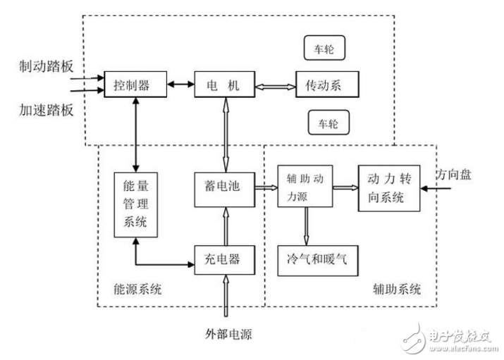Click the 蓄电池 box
(224, 188)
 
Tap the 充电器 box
(224, 259)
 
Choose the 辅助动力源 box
(305, 186)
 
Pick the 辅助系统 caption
(396, 290)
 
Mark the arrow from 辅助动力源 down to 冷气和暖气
(305, 225)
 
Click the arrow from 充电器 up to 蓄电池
(224, 224)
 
